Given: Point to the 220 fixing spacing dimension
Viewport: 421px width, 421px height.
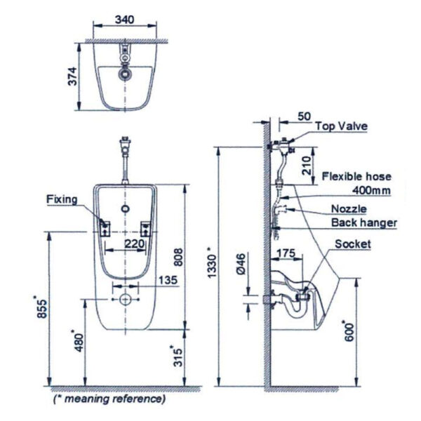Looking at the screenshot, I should click(133, 243).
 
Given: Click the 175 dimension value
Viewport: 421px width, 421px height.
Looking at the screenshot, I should click(286, 251).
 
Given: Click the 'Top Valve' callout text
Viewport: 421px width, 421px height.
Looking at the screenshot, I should click(341, 126).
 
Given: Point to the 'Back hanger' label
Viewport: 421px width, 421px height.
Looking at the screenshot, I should click(363, 223).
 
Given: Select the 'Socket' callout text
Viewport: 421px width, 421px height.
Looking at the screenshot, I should click(352, 244).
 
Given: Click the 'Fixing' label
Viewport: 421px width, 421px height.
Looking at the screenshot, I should click(62, 199).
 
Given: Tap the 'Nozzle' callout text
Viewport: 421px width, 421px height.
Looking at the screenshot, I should click(349, 208).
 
